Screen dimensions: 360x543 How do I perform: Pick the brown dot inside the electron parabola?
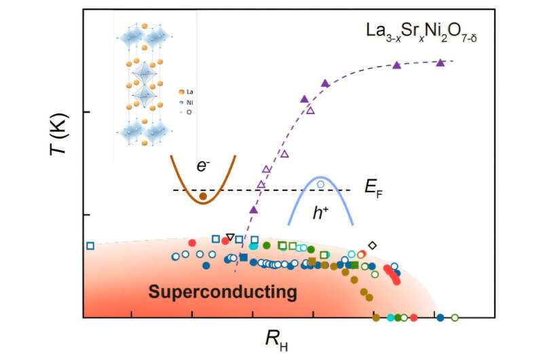(202, 197)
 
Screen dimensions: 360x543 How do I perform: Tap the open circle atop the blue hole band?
(321, 184)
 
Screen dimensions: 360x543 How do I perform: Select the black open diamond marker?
(372, 245)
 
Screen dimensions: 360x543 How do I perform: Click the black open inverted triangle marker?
(230, 237)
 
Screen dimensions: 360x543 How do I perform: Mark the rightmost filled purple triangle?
(440, 62)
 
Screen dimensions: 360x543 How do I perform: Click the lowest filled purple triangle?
(254, 209)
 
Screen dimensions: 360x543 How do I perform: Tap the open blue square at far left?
(90, 245)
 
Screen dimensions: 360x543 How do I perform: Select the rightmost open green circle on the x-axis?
(455, 317)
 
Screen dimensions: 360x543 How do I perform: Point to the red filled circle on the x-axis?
(413, 317)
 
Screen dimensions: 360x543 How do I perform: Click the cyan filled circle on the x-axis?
(391, 317)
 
